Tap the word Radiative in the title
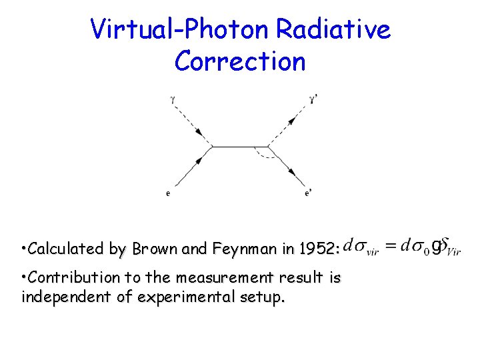(334, 29)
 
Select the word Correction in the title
(240, 61)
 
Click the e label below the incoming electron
(167, 194)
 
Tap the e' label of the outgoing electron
(307, 194)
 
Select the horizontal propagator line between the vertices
(240, 147)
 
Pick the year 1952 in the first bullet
(319, 250)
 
